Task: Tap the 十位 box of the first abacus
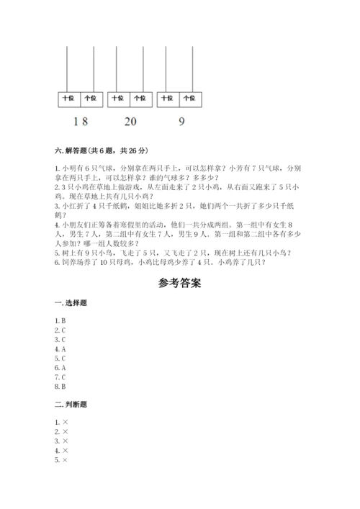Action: pos(68,97)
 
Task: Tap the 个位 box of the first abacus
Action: pos(90,97)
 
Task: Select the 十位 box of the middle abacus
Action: pos(118,97)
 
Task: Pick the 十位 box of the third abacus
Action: pos(168,97)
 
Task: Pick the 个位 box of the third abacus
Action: pos(189,97)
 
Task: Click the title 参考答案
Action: pos(180,283)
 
